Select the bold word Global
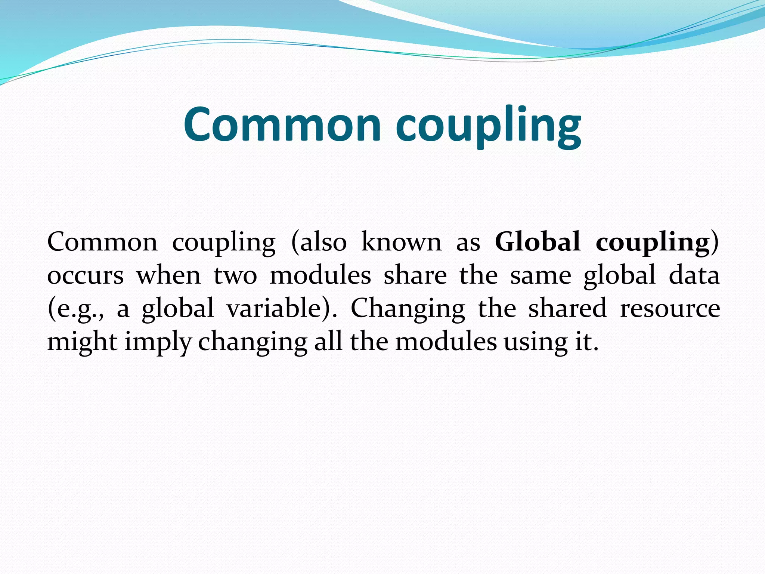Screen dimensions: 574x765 click(538, 242)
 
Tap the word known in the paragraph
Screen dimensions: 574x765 click(402, 242)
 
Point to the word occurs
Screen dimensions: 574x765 click(85, 275)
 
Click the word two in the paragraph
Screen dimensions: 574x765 click(235, 275)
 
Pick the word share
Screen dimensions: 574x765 click(415, 275)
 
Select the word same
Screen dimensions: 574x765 click(541, 275)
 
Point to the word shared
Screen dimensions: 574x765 click(567, 308)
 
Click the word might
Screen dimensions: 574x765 click(83, 342)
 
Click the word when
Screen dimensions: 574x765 click(168, 275)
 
